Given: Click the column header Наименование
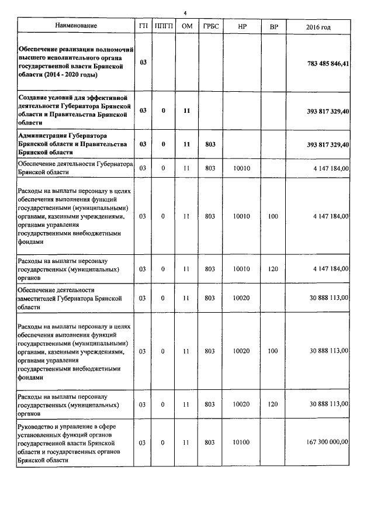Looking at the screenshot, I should [x=77, y=26].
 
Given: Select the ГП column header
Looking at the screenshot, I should [x=143, y=26].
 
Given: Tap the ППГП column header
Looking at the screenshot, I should [x=164, y=26].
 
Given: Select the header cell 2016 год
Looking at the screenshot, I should [x=318, y=27].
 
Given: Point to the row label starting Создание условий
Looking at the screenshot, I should [x=77, y=110].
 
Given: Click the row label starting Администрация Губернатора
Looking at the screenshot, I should [x=77, y=144].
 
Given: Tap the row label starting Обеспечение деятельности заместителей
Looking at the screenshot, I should [x=77, y=298].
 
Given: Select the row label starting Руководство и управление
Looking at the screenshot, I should [x=77, y=444].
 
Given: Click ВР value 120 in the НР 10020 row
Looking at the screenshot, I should [x=273, y=404].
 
